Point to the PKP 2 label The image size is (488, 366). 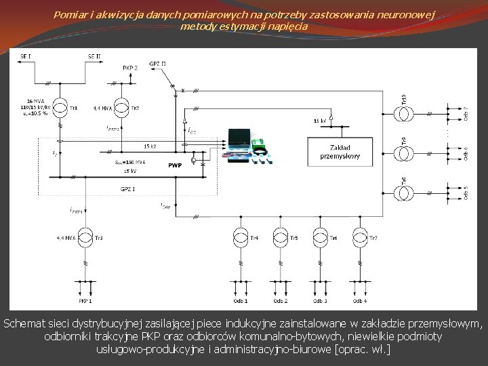click(131, 68)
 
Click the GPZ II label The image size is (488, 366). click(158, 64)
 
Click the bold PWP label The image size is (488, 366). click(175, 165)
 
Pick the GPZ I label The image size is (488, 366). click(128, 188)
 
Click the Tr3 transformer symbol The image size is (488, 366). click(85, 237)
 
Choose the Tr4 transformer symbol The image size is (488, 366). click(241, 237)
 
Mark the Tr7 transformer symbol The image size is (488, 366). click(360, 237)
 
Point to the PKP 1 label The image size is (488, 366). click(85, 300)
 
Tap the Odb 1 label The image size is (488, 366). click(241, 300)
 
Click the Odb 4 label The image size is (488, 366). click(360, 300)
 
